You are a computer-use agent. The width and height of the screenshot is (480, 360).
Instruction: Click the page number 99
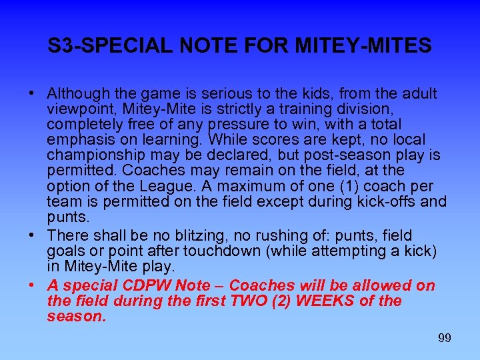pyautogui.click(x=445, y=338)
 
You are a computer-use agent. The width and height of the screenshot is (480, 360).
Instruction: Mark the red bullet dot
pyautogui.click(x=31, y=286)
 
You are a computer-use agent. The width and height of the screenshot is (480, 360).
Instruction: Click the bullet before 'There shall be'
pyautogui.click(x=31, y=236)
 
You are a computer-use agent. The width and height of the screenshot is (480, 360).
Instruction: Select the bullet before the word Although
pyautogui.click(x=31, y=93)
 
